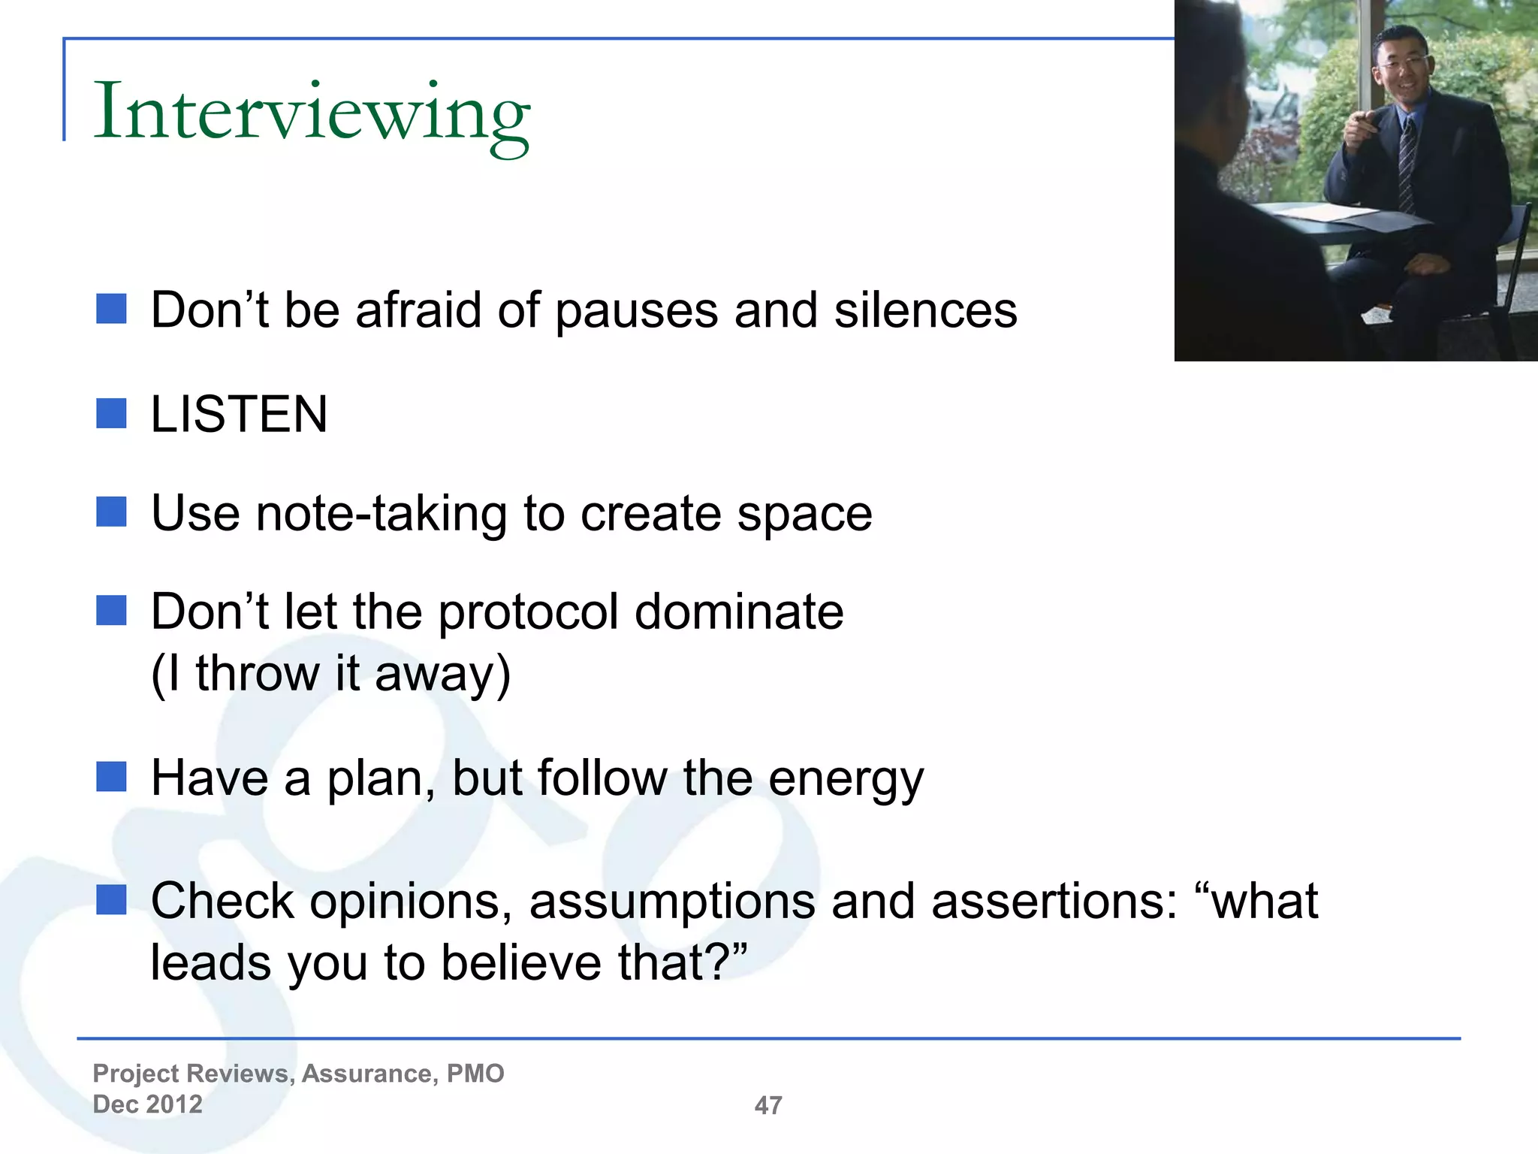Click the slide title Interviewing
pos(312,113)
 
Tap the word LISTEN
pos(239,414)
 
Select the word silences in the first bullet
pos(925,310)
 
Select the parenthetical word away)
pos(442,673)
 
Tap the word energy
pos(846,780)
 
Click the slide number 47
pos(768,1105)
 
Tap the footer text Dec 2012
pos(147,1104)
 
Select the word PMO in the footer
pos(475,1074)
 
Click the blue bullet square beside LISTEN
pos(111,413)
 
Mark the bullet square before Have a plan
pos(111,777)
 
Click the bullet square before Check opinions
pos(111,899)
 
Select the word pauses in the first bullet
pos(636,311)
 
